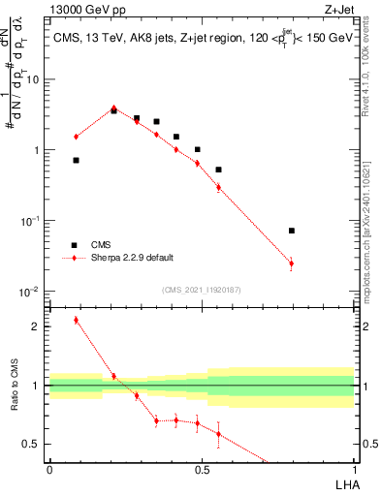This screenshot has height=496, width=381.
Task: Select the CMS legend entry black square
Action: click(74, 245)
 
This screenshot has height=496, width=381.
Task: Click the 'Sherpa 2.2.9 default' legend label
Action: click(133, 259)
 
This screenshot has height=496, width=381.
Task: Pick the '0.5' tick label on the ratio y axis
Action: click(32, 445)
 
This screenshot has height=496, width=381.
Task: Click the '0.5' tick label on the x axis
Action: click(202, 468)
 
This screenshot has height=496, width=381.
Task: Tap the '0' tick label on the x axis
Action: click(48, 468)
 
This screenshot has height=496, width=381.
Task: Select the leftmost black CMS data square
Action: click(76, 160)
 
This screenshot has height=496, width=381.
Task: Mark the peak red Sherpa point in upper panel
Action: click(113, 108)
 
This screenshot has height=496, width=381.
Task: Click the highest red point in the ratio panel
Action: click(76, 320)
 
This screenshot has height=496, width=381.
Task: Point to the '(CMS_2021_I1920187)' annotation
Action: click(201, 290)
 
